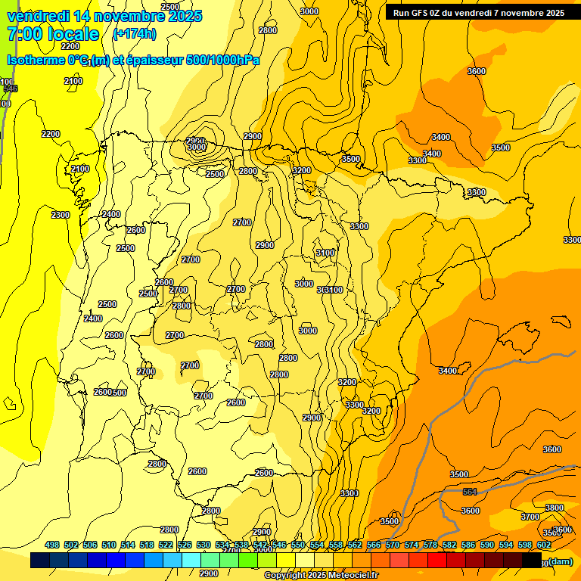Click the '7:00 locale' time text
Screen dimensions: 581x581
click(x=53, y=34)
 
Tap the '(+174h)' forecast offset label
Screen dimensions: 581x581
click(x=134, y=33)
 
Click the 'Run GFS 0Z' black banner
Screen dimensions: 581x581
click(x=479, y=12)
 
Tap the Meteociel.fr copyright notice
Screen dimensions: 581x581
click(x=322, y=576)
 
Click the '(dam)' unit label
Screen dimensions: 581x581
click(x=560, y=561)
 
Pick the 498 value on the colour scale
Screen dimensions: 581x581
click(x=52, y=545)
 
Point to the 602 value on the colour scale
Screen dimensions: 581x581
click(x=544, y=545)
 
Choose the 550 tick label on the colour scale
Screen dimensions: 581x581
click(x=298, y=545)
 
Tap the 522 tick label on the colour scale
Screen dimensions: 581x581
click(x=166, y=545)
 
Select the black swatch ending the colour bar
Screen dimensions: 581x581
click(x=533, y=560)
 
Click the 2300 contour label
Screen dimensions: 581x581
click(x=61, y=215)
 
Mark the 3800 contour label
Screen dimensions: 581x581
click(x=555, y=508)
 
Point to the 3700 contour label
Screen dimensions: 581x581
click(x=530, y=517)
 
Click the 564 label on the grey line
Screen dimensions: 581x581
click(x=470, y=492)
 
